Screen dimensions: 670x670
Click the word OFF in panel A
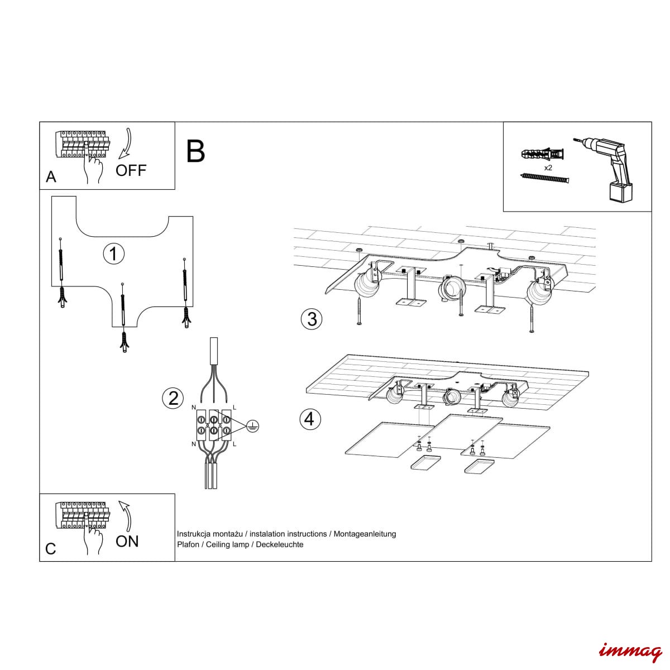tap(131, 170)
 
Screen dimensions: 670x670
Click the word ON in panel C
tap(127, 542)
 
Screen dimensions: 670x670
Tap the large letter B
tap(195, 151)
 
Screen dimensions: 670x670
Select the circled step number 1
tap(114, 253)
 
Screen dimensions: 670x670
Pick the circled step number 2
tap(173, 398)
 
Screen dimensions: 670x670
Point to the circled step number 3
tap(312, 319)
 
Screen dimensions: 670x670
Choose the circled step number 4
tap(310, 419)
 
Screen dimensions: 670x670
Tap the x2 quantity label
tap(548, 167)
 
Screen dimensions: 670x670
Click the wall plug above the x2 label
tap(542, 154)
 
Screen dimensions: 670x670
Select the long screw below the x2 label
tap(544, 179)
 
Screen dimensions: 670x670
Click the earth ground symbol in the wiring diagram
tap(253, 425)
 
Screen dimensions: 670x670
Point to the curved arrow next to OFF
tap(126, 143)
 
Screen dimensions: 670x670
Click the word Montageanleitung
tap(365, 534)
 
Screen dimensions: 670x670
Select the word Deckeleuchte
tap(280, 544)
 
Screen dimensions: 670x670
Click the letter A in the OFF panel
tap(51, 177)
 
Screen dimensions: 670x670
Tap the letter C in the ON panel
tap(51, 549)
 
